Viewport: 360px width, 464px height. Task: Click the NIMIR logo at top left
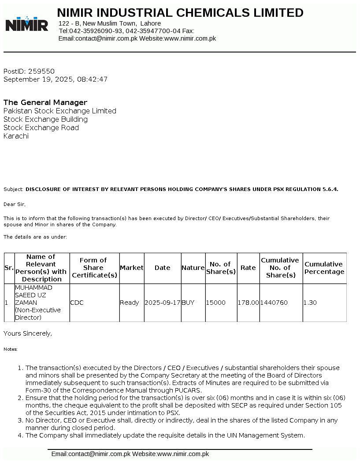27,24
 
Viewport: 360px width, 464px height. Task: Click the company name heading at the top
180,13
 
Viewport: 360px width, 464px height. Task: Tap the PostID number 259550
41,71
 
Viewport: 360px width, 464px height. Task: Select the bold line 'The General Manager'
45,102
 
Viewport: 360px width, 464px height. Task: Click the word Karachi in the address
16,136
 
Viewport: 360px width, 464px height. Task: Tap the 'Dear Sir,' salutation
15,204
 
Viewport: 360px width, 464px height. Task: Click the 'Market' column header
132,268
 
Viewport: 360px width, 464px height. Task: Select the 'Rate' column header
248,268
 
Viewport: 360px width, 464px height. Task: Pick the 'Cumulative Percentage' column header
324,268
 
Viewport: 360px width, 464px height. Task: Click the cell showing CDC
77,303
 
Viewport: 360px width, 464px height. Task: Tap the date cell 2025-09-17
163,303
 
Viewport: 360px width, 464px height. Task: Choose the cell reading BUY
188,303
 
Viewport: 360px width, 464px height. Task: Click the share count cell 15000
216,303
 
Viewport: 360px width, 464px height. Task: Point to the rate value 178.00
249,303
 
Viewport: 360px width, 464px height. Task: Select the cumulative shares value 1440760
274,303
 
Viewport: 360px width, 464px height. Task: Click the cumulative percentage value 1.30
310,303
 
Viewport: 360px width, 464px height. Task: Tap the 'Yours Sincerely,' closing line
28,333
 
